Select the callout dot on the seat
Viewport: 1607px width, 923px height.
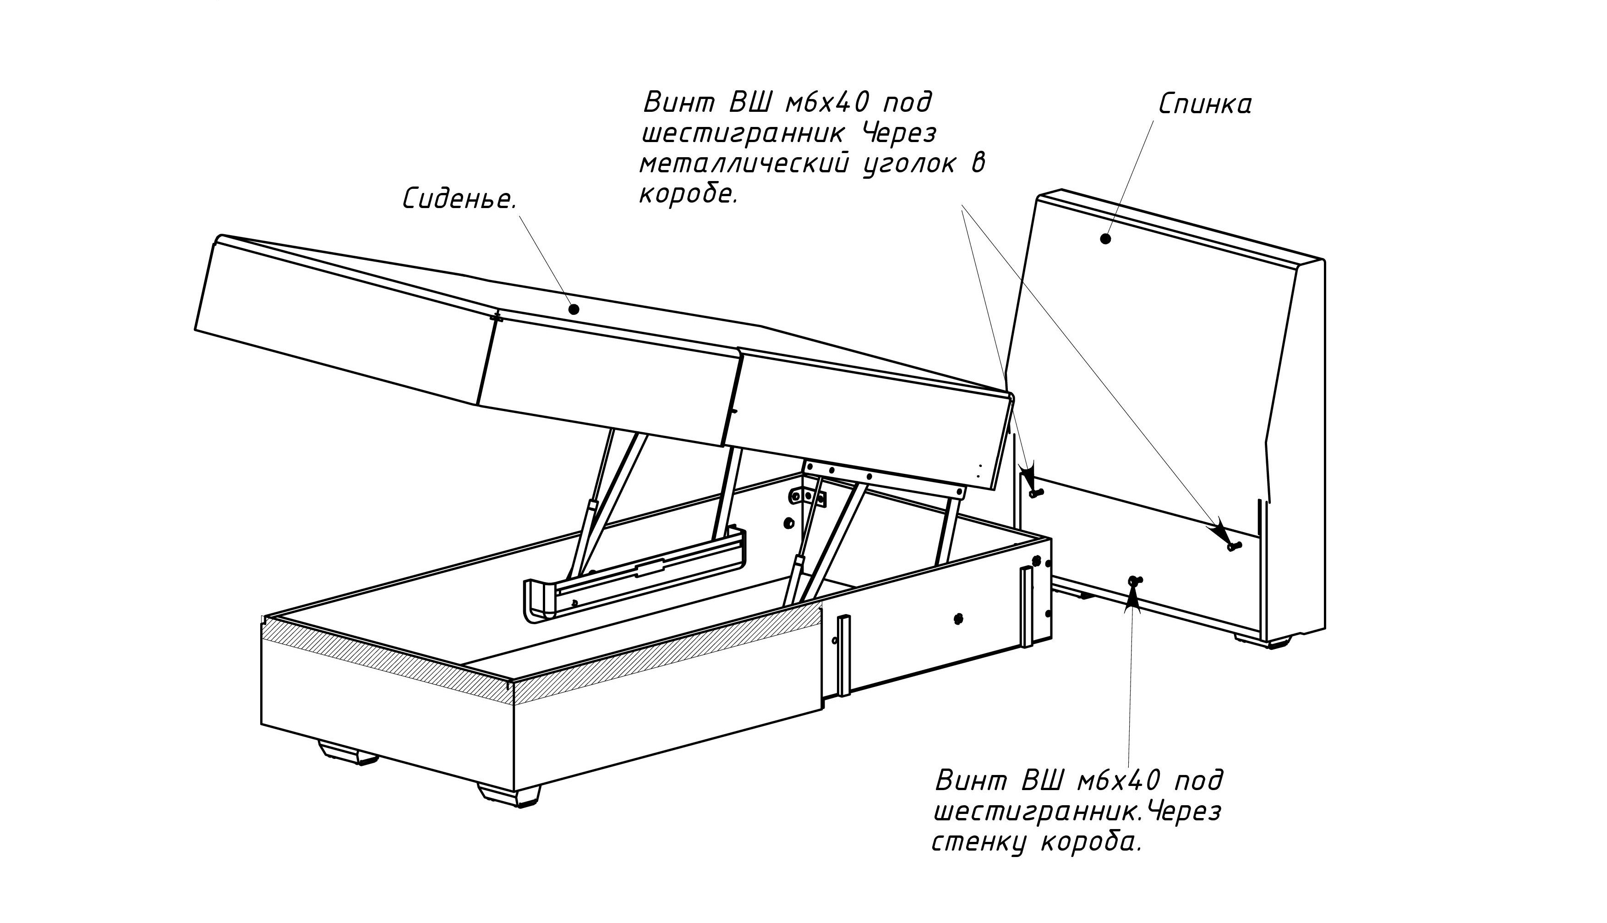[x=574, y=309]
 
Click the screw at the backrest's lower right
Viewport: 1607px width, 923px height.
[x=1234, y=544]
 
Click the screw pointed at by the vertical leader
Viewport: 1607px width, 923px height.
[x=1134, y=579]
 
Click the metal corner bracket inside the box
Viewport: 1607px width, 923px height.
[x=808, y=496]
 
